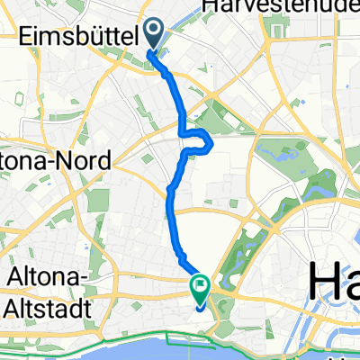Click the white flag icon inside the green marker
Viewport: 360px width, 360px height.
[199, 288]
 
